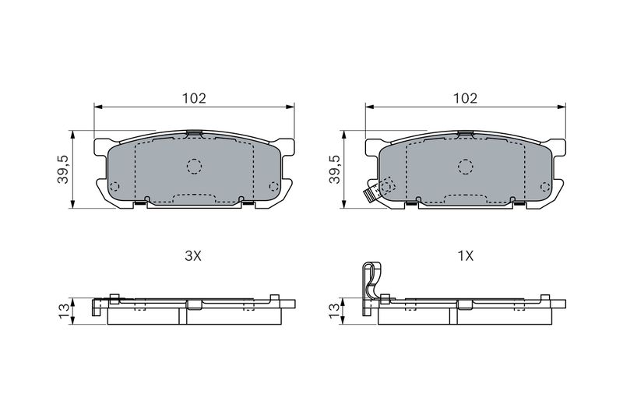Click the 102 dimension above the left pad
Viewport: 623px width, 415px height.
click(x=194, y=98)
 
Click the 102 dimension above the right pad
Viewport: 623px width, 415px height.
click(x=465, y=98)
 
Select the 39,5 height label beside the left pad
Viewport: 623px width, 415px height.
click(x=64, y=169)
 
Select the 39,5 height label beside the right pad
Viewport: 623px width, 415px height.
click(x=335, y=169)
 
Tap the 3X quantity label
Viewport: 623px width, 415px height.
click(x=193, y=256)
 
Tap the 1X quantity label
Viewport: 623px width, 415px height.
click(x=465, y=256)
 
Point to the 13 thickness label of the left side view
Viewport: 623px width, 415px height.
click(x=64, y=311)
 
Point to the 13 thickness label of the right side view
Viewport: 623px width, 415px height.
click(x=335, y=311)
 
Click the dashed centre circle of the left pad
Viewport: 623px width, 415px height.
click(x=194, y=167)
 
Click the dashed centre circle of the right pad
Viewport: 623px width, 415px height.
click(x=465, y=167)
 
